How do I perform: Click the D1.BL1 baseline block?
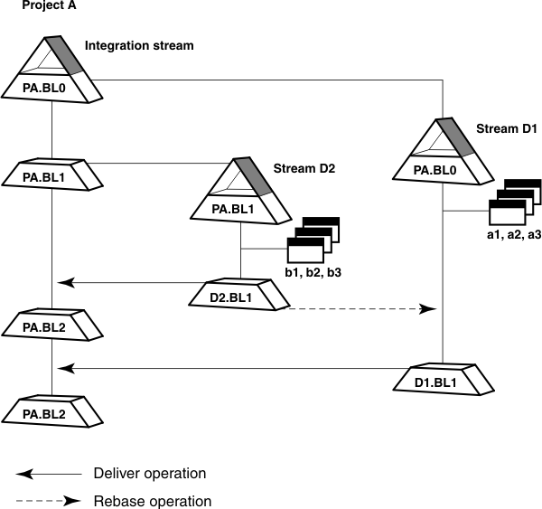442,380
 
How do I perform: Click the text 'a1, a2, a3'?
513,234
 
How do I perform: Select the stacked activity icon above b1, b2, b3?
312,240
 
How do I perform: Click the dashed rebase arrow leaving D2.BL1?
361,309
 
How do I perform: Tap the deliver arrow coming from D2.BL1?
135,283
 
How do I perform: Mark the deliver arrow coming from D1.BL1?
226,368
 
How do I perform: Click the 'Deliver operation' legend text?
150,474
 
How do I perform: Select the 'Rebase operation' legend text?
152,501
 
